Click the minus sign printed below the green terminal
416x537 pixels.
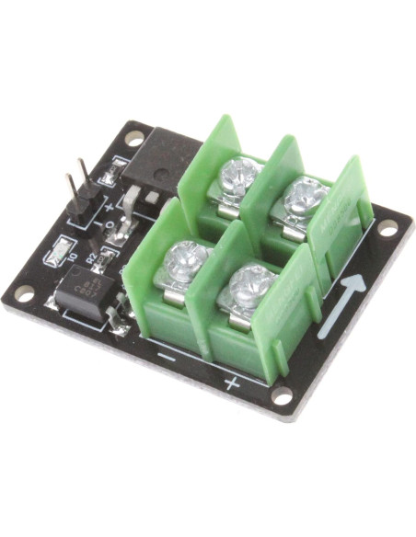pyautogui.click(x=166, y=352)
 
